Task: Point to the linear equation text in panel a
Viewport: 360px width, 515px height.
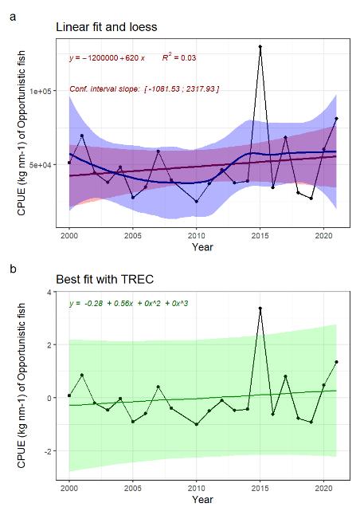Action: (x=107, y=58)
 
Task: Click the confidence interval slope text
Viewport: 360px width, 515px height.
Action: (x=143, y=88)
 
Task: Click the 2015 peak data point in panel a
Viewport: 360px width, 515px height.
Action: (x=260, y=47)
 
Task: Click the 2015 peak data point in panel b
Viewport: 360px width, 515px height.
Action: (x=260, y=308)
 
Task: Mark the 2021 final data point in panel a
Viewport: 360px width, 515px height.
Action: (x=336, y=119)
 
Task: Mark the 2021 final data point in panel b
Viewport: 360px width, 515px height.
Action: (x=336, y=362)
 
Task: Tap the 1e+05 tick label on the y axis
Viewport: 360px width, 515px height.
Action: (x=41, y=92)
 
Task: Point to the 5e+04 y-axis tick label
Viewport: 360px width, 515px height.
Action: (x=41, y=164)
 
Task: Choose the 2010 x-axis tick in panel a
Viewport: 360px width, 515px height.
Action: (x=196, y=237)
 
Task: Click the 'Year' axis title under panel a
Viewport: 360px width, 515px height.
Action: (x=202, y=248)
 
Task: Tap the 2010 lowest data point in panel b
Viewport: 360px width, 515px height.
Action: (x=196, y=424)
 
